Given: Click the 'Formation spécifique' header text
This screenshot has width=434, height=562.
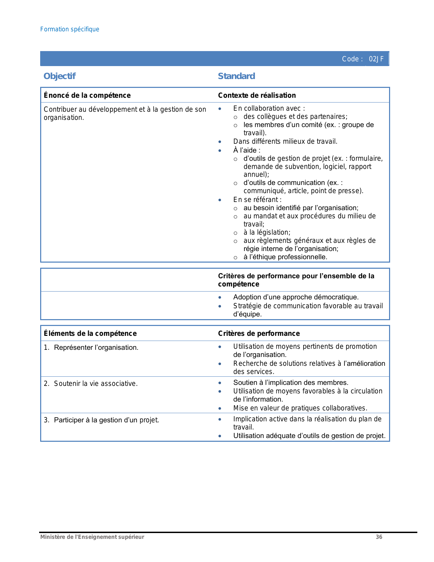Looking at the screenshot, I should (x=70, y=29).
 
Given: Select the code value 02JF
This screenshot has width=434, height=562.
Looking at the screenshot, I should (x=376, y=59).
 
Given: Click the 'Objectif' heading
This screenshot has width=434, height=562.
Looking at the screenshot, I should (x=60, y=76).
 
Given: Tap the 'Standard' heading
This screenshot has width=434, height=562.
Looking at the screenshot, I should (x=236, y=76).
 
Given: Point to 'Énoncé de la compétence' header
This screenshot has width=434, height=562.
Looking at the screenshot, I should (x=87, y=95).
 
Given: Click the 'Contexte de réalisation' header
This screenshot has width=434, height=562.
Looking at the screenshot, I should (x=257, y=95).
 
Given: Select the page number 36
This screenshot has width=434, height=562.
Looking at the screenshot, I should (x=379, y=537).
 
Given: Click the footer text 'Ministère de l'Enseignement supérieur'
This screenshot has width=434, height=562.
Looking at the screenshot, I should (x=92, y=537).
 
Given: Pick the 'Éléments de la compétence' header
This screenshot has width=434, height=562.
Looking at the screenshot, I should (x=90, y=333).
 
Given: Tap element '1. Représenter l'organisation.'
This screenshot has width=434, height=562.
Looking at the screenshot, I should (x=91, y=347).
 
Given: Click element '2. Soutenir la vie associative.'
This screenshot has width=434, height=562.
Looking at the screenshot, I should (x=91, y=384).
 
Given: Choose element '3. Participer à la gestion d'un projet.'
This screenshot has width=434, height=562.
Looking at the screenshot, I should (x=101, y=420).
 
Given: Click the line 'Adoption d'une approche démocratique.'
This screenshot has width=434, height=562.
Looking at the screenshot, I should (x=296, y=297).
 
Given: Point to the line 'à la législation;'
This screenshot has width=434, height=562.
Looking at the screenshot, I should (x=267, y=232).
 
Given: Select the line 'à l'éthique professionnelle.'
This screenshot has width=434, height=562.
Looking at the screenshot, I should (x=285, y=257).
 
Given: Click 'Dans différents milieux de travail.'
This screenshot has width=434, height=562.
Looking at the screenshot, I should (x=285, y=141).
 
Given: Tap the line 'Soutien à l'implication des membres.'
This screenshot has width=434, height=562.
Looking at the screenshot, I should (x=291, y=383).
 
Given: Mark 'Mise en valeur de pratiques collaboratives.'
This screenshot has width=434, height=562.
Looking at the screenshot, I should (x=300, y=408).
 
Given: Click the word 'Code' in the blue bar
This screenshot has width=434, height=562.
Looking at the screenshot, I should (x=350, y=59).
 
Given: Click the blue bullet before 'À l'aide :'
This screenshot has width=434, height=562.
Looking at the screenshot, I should (x=220, y=151).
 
